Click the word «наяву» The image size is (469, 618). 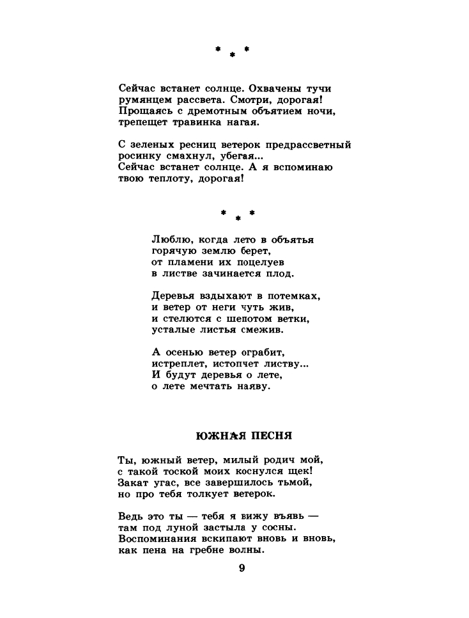click(254, 386)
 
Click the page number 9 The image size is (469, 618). click(242, 568)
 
